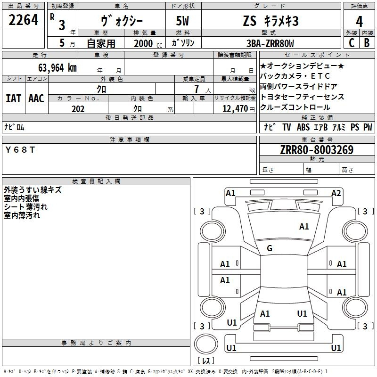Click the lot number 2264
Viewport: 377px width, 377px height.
pyautogui.click(x=23, y=20)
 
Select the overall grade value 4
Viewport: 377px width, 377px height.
pyautogui.click(x=359, y=22)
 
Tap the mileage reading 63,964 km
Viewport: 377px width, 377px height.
pyautogui.click(x=57, y=68)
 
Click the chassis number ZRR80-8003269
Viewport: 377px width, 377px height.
pyautogui.click(x=317, y=150)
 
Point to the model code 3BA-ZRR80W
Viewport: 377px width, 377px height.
pyautogui.click(x=270, y=43)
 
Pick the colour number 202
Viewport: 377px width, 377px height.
pyautogui.click(x=78, y=109)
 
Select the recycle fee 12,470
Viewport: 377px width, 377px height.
pyautogui.click(x=235, y=109)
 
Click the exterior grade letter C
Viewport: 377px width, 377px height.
pyautogui.click(x=352, y=43)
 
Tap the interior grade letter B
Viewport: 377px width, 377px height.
pyautogui.click(x=367, y=43)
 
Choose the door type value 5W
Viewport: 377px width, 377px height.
pyautogui.click(x=182, y=21)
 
